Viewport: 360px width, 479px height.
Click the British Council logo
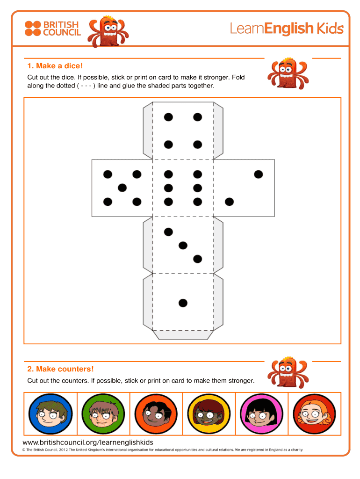[x=52, y=29]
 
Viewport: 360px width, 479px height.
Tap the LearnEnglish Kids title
[x=287, y=29]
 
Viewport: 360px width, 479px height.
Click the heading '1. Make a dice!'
[x=55, y=65]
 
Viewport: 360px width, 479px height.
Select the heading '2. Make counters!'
[x=60, y=369]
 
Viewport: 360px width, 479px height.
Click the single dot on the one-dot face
[x=183, y=303]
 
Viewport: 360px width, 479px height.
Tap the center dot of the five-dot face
[x=122, y=188]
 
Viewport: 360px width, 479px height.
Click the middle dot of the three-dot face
[x=183, y=245]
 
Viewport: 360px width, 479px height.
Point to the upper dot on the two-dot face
[x=259, y=174]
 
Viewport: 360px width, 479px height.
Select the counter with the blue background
[x=50, y=414]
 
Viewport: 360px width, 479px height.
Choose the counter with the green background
[x=103, y=414]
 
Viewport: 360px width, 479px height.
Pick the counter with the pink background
[x=262, y=414]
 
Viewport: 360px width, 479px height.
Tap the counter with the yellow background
[x=209, y=414]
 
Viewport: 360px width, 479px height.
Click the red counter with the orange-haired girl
[x=314, y=414]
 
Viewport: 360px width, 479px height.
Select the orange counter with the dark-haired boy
[x=156, y=414]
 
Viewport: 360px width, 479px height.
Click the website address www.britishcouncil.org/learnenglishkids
[x=88, y=443]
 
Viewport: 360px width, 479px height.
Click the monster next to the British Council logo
[x=108, y=31]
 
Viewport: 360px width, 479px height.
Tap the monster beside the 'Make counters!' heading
[x=288, y=372]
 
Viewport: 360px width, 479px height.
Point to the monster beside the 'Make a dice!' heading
[x=288, y=73]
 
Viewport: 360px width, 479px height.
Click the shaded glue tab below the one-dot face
[x=183, y=335]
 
